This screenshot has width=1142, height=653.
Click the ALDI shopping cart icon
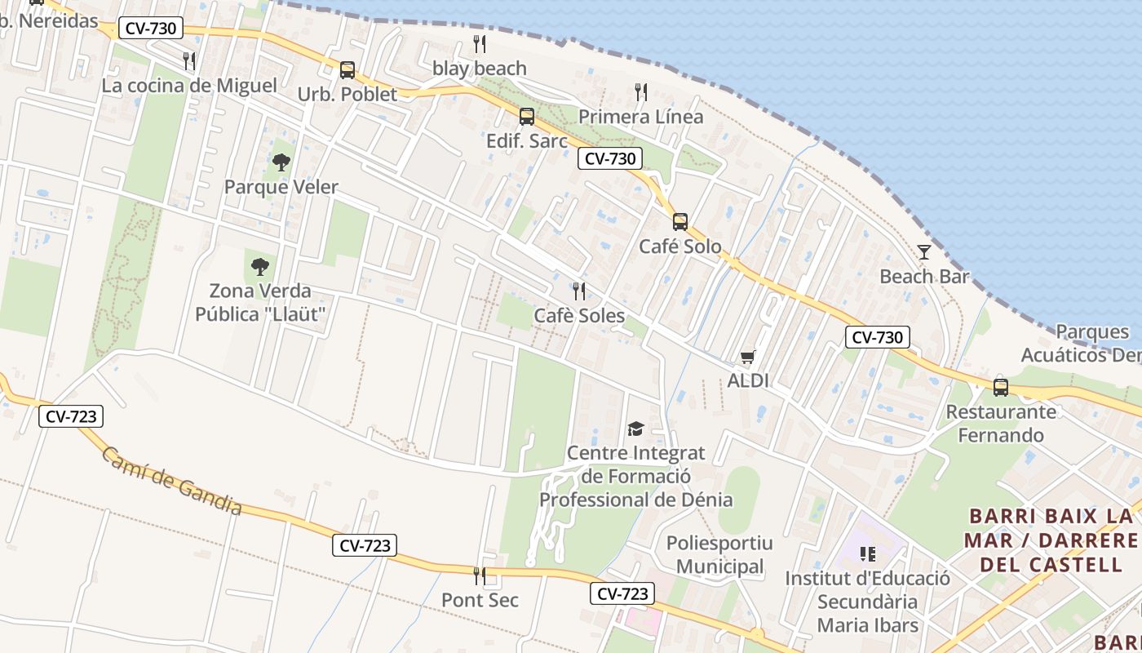(x=747, y=357)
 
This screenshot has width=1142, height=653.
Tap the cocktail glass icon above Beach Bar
(x=923, y=252)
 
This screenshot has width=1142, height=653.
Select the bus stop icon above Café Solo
(x=679, y=221)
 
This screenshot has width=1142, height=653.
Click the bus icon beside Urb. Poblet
(x=347, y=69)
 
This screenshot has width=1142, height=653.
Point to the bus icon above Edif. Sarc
(x=527, y=116)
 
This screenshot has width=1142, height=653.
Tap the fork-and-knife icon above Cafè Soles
(x=579, y=291)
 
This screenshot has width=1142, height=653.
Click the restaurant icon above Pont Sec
(x=480, y=575)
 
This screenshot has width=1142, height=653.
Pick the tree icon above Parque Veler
(x=281, y=162)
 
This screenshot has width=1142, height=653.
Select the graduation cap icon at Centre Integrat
(x=635, y=429)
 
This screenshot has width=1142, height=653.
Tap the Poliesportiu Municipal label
(x=719, y=555)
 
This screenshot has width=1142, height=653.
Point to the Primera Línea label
(x=640, y=117)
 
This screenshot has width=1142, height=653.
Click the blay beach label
(x=480, y=69)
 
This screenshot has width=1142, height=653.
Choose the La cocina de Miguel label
(x=189, y=85)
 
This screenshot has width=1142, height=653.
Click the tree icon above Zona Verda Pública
(x=260, y=266)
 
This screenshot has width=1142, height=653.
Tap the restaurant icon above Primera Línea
(x=641, y=92)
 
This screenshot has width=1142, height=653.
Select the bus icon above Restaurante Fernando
(x=1001, y=388)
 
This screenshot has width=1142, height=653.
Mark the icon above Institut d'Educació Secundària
(x=868, y=554)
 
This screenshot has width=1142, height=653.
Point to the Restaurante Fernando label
(x=1001, y=424)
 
